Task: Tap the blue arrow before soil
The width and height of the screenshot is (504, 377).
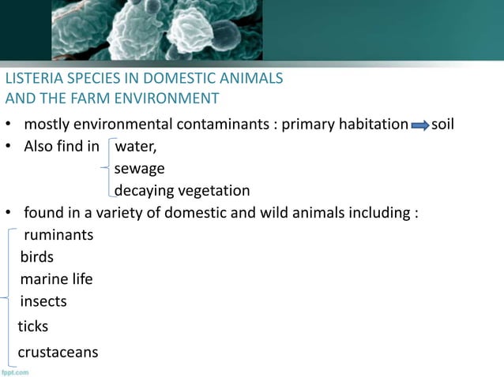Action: click(419, 126)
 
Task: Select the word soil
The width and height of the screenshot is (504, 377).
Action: click(443, 125)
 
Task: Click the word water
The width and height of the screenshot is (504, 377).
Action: click(135, 147)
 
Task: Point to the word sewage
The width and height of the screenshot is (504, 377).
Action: click(139, 168)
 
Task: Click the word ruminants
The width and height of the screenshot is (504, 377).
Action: click(58, 235)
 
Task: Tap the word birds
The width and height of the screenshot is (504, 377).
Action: click(37, 257)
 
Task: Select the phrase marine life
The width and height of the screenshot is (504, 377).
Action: click(56, 279)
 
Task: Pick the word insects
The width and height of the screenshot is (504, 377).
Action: click(43, 301)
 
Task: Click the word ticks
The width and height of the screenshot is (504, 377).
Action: click(33, 326)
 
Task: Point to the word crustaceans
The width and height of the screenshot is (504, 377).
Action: click(58, 352)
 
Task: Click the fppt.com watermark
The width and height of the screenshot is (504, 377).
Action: click(15, 371)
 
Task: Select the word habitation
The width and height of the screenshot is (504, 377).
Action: click(368, 125)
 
